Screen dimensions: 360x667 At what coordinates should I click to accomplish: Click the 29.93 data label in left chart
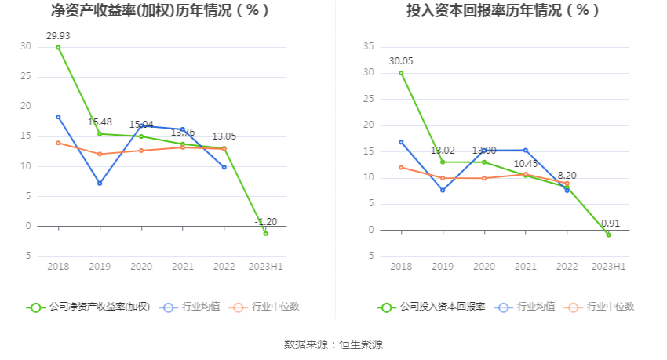click(58, 36)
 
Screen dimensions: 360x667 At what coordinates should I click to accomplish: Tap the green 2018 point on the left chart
click(58, 47)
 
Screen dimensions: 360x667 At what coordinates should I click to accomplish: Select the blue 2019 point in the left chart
click(100, 183)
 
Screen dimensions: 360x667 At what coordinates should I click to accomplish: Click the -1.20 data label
click(266, 222)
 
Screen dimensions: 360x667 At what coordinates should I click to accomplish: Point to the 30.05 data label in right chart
click(401, 61)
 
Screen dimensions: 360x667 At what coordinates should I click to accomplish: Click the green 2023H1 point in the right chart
click(608, 235)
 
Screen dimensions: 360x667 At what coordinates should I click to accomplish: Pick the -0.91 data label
click(608, 224)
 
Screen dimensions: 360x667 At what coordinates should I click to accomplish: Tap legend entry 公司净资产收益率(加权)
click(88, 307)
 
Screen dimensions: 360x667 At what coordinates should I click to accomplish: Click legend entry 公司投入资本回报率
click(432, 307)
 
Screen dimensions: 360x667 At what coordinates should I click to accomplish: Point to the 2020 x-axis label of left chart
click(141, 267)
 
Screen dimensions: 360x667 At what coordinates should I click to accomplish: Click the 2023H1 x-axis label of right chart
click(608, 267)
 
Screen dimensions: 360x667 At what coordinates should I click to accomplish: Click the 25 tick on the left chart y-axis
click(26, 77)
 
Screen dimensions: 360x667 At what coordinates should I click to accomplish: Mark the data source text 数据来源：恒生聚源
click(333, 344)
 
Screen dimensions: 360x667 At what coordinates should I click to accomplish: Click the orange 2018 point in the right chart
click(401, 167)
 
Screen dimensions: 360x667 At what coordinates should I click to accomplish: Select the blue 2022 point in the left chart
click(224, 167)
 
